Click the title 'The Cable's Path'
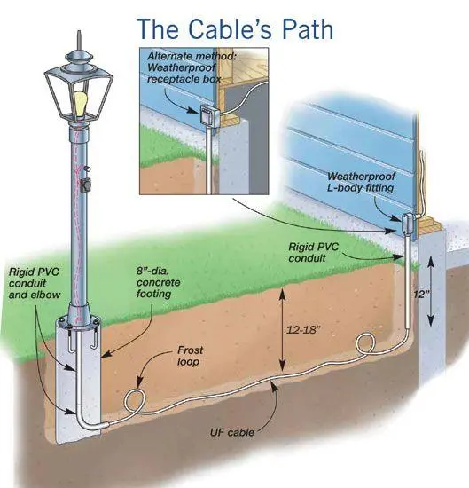(x=235, y=28)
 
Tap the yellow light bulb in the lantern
(x=81, y=103)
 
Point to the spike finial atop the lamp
(x=79, y=41)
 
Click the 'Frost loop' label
(x=190, y=356)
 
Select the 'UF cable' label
(x=232, y=432)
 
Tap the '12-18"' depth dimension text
(x=302, y=329)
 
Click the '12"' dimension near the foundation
(x=422, y=294)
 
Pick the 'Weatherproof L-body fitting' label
(x=361, y=182)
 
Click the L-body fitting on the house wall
(x=407, y=224)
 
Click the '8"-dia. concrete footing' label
(x=159, y=282)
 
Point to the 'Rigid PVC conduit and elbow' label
(x=35, y=283)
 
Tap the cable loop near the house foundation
(x=365, y=343)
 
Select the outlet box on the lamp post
(x=85, y=185)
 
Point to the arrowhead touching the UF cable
(x=273, y=386)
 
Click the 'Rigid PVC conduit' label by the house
(x=314, y=252)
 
